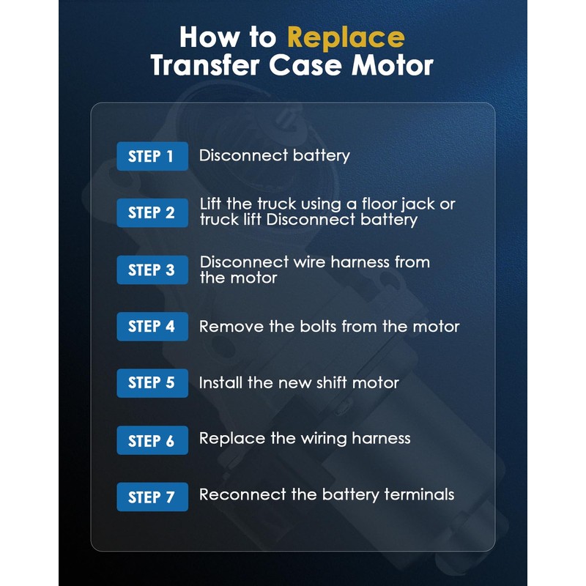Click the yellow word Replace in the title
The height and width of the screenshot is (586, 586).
coord(346,39)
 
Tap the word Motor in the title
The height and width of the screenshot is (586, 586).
coord(393,65)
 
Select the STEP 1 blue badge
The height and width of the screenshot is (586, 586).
coord(152,156)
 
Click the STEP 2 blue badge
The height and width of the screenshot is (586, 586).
coord(152,213)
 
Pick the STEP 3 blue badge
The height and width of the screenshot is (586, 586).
coord(152,270)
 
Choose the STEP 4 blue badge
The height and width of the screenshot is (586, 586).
coord(152,326)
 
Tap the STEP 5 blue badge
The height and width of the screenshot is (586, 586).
coord(152,383)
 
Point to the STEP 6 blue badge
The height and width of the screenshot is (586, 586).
coord(152,440)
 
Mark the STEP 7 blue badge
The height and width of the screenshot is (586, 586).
coord(152,497)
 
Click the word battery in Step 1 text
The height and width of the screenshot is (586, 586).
coord(321,156)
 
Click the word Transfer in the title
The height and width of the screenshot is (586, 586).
coord(205,65)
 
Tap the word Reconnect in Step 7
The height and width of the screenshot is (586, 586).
coord(242,494)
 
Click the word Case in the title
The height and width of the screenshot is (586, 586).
coord(305,65)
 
